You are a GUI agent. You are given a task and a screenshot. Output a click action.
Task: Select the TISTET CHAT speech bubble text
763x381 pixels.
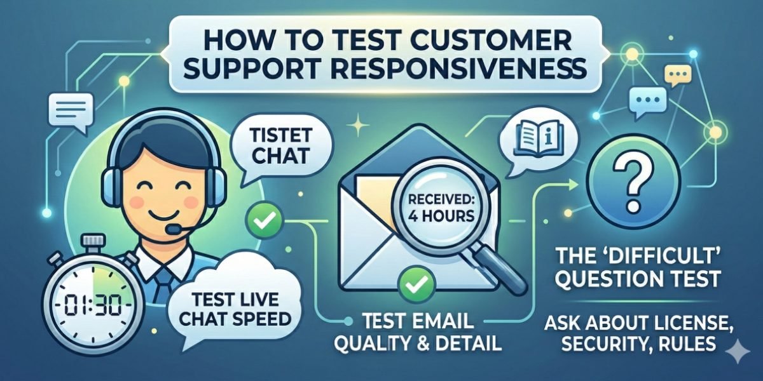[281, 146]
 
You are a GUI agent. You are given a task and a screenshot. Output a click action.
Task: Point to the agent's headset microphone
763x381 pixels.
[174, 229]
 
